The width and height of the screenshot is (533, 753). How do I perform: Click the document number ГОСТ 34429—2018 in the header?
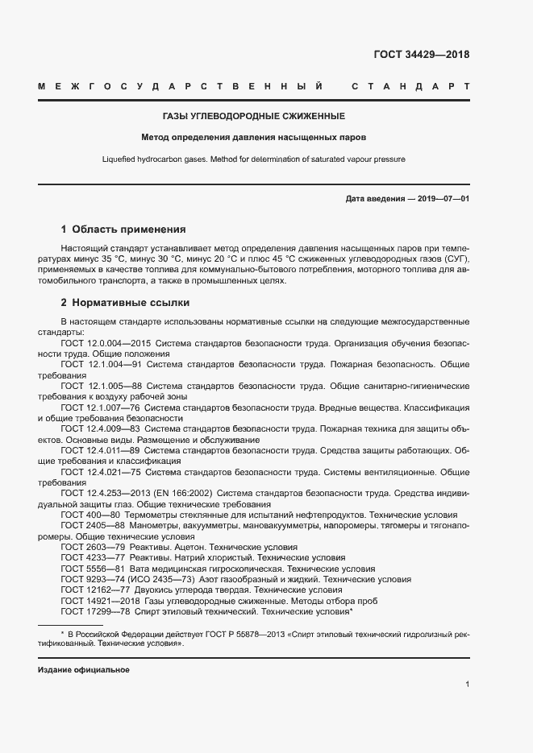click(421, 55)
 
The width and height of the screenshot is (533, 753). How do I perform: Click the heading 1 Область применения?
click(123, 229)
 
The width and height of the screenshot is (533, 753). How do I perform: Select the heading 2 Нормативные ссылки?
click(125, 303)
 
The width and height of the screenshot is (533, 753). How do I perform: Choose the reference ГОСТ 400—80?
click(90, 515)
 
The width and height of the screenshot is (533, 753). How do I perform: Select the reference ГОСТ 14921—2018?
click(100, 601)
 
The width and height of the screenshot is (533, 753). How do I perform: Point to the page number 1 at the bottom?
click(467, 685)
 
